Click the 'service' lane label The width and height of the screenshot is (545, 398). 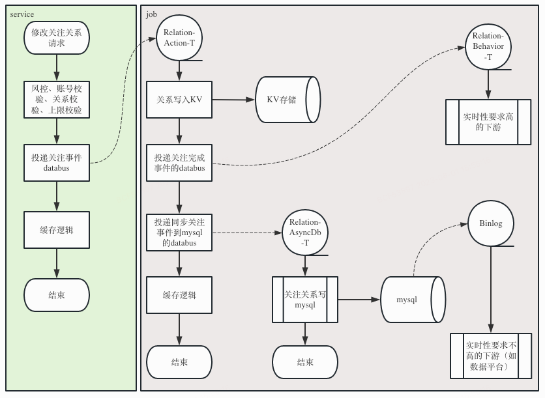point(22,14)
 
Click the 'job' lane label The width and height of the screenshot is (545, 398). point(151,14)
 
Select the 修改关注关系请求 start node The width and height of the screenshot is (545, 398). point(56,38)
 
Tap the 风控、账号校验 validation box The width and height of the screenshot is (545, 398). point(56,100)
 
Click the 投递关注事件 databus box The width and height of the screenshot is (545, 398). point(56,163)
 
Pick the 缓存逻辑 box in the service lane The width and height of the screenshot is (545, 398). point(56,230)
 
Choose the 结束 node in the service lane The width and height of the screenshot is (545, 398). point(56,295)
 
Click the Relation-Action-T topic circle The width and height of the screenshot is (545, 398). point(179,38)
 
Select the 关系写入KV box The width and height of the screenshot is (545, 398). point(179,100)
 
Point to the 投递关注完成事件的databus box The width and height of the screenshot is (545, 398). point(179,163)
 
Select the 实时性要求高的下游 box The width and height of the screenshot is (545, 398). point(488,122)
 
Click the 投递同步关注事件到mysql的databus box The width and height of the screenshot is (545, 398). point(179,232)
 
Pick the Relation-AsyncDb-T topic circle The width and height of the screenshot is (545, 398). point(304,232)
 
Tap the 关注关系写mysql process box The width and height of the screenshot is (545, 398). point(304,300)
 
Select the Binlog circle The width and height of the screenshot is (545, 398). point(491,223)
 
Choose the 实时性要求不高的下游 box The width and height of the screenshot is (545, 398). point(492,356)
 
